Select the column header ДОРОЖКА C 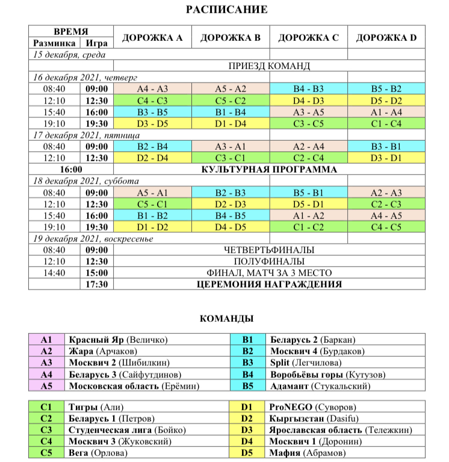point(308,37)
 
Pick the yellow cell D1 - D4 point(231,123)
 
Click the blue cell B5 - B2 point(386,88)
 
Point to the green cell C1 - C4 point(386,123)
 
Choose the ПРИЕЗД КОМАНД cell point(268,66)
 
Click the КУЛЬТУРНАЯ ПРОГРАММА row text point(268,170)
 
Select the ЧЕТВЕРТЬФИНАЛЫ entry point(268,250)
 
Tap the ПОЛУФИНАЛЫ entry point(268,262)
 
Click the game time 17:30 point(96,285)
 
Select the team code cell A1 point(46,340)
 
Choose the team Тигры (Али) point(96,407)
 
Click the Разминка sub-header point(54,43)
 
